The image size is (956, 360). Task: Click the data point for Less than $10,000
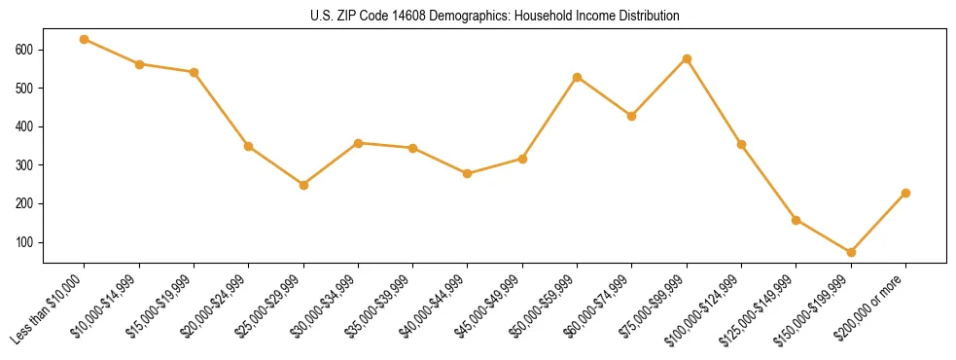(85, 39)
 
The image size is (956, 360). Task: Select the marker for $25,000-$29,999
(303, 185)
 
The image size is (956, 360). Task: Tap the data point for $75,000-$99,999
(687, 58)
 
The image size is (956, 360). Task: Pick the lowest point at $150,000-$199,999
(851, 252)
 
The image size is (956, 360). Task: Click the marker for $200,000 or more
(905, 193)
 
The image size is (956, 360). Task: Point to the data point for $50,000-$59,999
(578, 77)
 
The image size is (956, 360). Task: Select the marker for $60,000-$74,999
(632, 116)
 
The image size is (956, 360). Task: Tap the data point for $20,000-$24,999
(249, 146)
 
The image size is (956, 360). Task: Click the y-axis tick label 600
(25, 50)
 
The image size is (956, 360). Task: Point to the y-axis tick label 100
(25, 242)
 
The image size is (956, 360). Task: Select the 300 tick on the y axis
(25, 165)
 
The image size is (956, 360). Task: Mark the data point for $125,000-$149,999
(797, 220)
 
